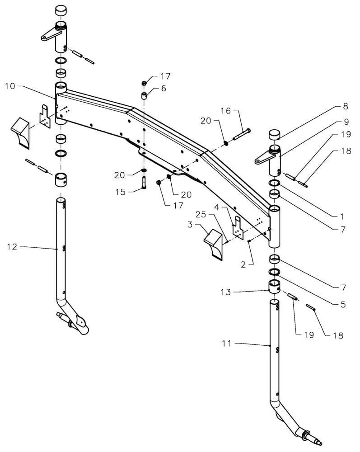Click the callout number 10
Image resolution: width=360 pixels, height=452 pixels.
point(10,86)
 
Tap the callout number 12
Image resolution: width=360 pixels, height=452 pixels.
point(12,247)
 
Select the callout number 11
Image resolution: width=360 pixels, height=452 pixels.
point(227,344)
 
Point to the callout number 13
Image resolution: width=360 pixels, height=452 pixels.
point(226,292)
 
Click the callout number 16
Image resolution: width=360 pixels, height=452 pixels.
point(226,111)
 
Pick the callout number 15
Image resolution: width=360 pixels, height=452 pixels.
point(121,192)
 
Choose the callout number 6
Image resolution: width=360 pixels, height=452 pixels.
point(164,88)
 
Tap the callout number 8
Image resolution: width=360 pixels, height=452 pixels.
point(346,106)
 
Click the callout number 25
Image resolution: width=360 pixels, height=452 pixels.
point(201,214)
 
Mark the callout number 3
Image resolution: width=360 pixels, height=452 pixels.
point(190,224)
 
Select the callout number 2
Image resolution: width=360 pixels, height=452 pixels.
point(243,264)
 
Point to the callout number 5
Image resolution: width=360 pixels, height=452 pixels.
point(343,304)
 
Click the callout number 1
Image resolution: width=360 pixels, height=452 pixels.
point(342,216)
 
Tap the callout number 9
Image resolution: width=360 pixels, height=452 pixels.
point(346,122)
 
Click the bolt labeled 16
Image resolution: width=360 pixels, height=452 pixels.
point(241,134)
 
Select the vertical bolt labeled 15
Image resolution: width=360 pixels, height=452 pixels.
point(144,183)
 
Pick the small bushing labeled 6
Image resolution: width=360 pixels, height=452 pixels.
point(144,96)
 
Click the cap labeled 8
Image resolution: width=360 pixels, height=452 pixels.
point(275,135)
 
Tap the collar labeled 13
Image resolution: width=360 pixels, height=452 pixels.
point(275,287)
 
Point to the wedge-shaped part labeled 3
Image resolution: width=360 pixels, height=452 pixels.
point(214,244)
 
